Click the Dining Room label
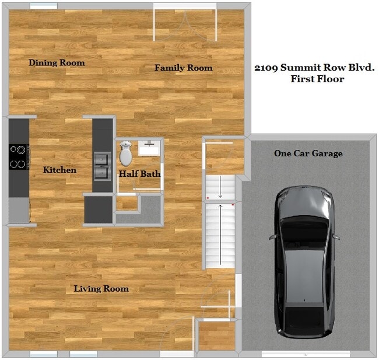pos(57,62)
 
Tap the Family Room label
pos(183,68)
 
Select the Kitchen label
pos(59,170)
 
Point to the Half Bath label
pos(139,173)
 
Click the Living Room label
pos(101,288)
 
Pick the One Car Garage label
pos(308,153)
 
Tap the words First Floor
pos(317,79)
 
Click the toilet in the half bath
pos(125,154)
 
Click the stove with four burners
pos(19,156)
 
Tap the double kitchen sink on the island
pos(103,165)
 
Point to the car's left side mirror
pos(273,237)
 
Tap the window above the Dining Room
pos(44,6)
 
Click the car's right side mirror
pos(336,237)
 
